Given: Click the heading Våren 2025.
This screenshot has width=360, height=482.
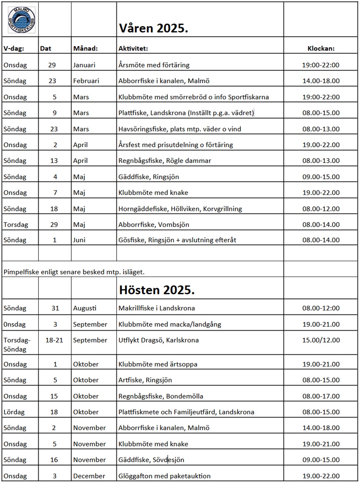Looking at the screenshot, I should tap(153, 28).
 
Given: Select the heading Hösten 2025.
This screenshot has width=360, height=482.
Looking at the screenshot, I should tap(157, 290).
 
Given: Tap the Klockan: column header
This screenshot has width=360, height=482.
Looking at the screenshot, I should tap(321, 48).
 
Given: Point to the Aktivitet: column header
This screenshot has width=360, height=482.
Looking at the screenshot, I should tap(133, 48).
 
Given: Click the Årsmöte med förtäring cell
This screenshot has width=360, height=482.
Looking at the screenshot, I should tap(154, 65).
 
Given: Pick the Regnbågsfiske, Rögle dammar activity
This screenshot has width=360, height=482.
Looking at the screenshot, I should tap(165, 161).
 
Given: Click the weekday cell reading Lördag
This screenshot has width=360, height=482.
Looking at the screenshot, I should tap(14, 412).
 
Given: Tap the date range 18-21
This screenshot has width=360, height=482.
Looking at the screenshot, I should tap(54, 340).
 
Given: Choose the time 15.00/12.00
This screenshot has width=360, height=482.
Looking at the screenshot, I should tap(321, 340).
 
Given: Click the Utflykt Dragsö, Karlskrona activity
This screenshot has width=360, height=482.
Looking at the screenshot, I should tap(158, 340).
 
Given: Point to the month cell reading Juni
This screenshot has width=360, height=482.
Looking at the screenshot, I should tap(79, 240).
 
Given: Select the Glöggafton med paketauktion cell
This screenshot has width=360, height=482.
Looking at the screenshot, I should tap(164, 476).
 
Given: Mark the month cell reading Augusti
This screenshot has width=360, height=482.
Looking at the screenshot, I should tap(85, 308).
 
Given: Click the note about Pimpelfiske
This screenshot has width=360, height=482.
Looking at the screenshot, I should tap(74, 272).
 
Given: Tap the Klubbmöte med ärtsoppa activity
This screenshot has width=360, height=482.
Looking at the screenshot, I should tap(158, 364).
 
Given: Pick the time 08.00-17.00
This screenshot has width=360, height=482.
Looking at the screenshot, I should tap(321, 396).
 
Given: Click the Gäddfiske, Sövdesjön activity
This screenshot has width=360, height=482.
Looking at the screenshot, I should tap(151, 460).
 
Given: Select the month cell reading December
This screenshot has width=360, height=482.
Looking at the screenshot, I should tap(89, 476).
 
